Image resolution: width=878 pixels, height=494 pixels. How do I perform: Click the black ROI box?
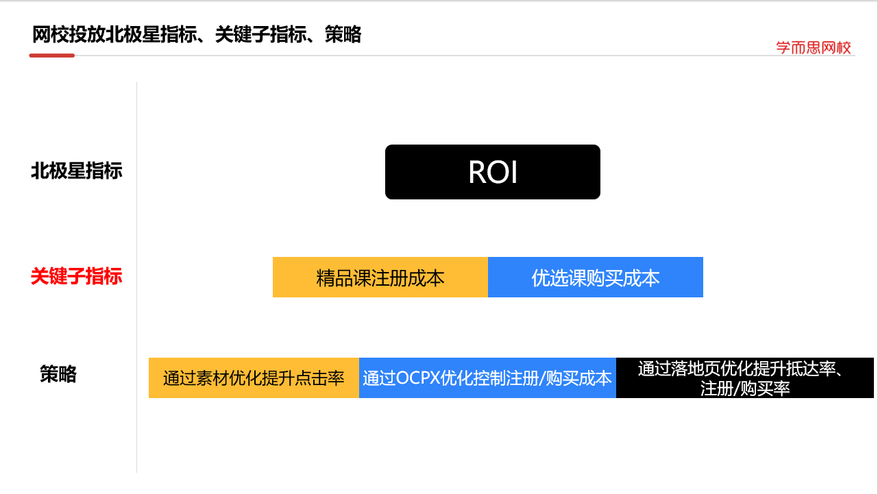pyautogui.click(x=492, y=172)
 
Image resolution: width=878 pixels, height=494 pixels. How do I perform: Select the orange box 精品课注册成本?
pyautogui.click(x=380, y=277)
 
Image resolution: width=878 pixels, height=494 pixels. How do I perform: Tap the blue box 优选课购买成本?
pyautogui.click(x=595, y=277)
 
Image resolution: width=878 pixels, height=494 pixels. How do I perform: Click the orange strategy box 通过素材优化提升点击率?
pyautogui.click(x=254, y=378)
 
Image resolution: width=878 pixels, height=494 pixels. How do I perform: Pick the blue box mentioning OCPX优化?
pyautogui.click(x=487, y=378)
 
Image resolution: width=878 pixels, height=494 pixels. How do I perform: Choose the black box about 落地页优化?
pyautogui.click(x=744, y=378)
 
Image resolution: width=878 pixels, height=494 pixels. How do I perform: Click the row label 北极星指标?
pyautogui.click(x=76, y=171)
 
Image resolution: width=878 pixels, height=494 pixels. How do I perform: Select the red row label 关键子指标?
pyautogui.click(x=76, y=277)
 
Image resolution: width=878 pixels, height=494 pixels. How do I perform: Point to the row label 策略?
pyautogui.click(x=58, y=374)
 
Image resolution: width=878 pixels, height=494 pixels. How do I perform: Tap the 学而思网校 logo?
pyautogui.click(x=814, y=47)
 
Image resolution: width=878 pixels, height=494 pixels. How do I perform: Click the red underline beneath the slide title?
pyautogui.click(x=51, y=55)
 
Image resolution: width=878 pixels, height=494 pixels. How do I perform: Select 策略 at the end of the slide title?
pyautogui.click(x=343, y=34)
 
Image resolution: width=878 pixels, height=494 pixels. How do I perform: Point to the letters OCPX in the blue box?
pyautogui.click(x=418, y=378)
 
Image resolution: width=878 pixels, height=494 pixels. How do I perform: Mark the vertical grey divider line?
pyautogui.click(x=137, y=274)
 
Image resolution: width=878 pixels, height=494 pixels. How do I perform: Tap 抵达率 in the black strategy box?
pyautogui.click(x=815, y=369)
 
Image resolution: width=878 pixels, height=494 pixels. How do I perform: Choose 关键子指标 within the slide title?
pyautogui.click(x=260, y=34)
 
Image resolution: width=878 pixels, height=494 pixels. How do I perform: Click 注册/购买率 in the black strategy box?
pyautogui.click(x=744, y=388)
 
